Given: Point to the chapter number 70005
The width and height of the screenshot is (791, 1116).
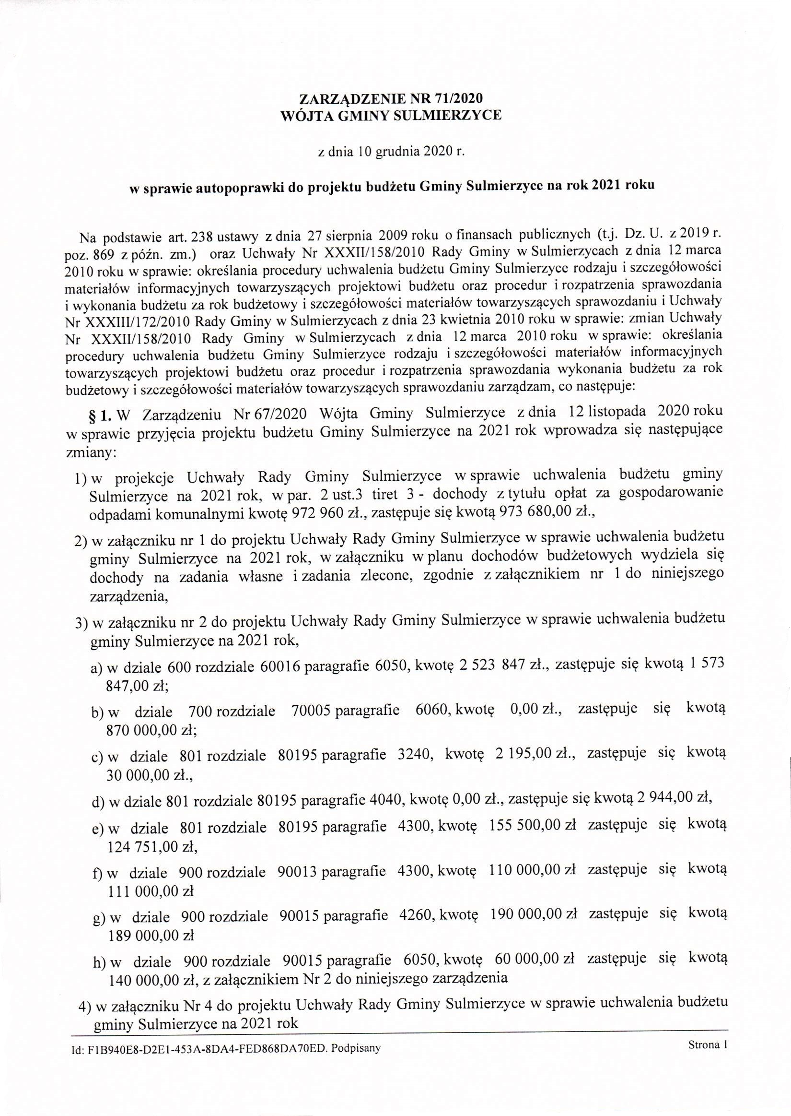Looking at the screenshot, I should [312, 711].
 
